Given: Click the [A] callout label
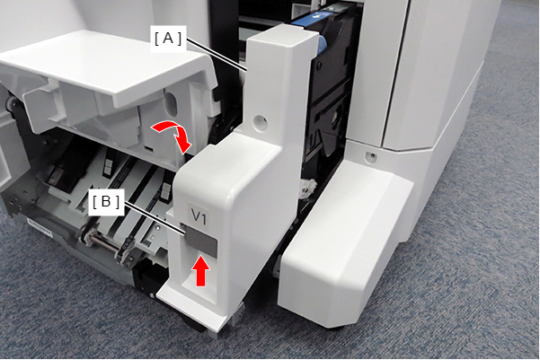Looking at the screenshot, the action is [168, 39].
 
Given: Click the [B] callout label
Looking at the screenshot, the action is [106, 202].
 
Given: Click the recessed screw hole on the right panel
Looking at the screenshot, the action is [371, 157].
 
